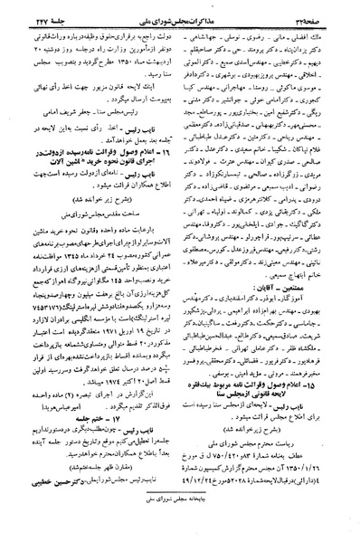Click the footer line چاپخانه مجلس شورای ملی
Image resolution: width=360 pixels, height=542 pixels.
pyautogui.click(x=180, y=533)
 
